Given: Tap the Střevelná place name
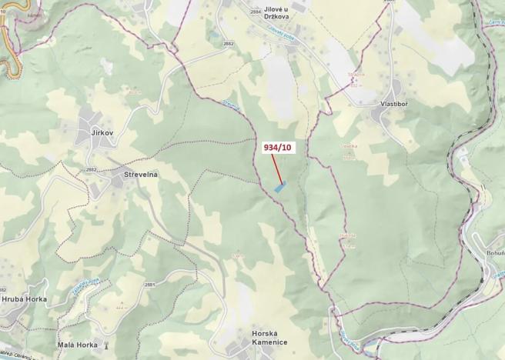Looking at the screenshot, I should pos(140,175).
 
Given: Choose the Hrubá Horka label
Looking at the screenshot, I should pos(24,298).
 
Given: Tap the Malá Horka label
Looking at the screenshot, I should pos(77,345).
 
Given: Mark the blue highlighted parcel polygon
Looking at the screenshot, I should pos(280,186).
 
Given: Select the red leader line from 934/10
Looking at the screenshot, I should pos(275,168).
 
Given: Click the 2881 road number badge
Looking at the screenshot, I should pos(149,285).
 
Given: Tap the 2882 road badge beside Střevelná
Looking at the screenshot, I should pos(92,169).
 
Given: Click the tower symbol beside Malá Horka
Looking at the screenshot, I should pos(106,345).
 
